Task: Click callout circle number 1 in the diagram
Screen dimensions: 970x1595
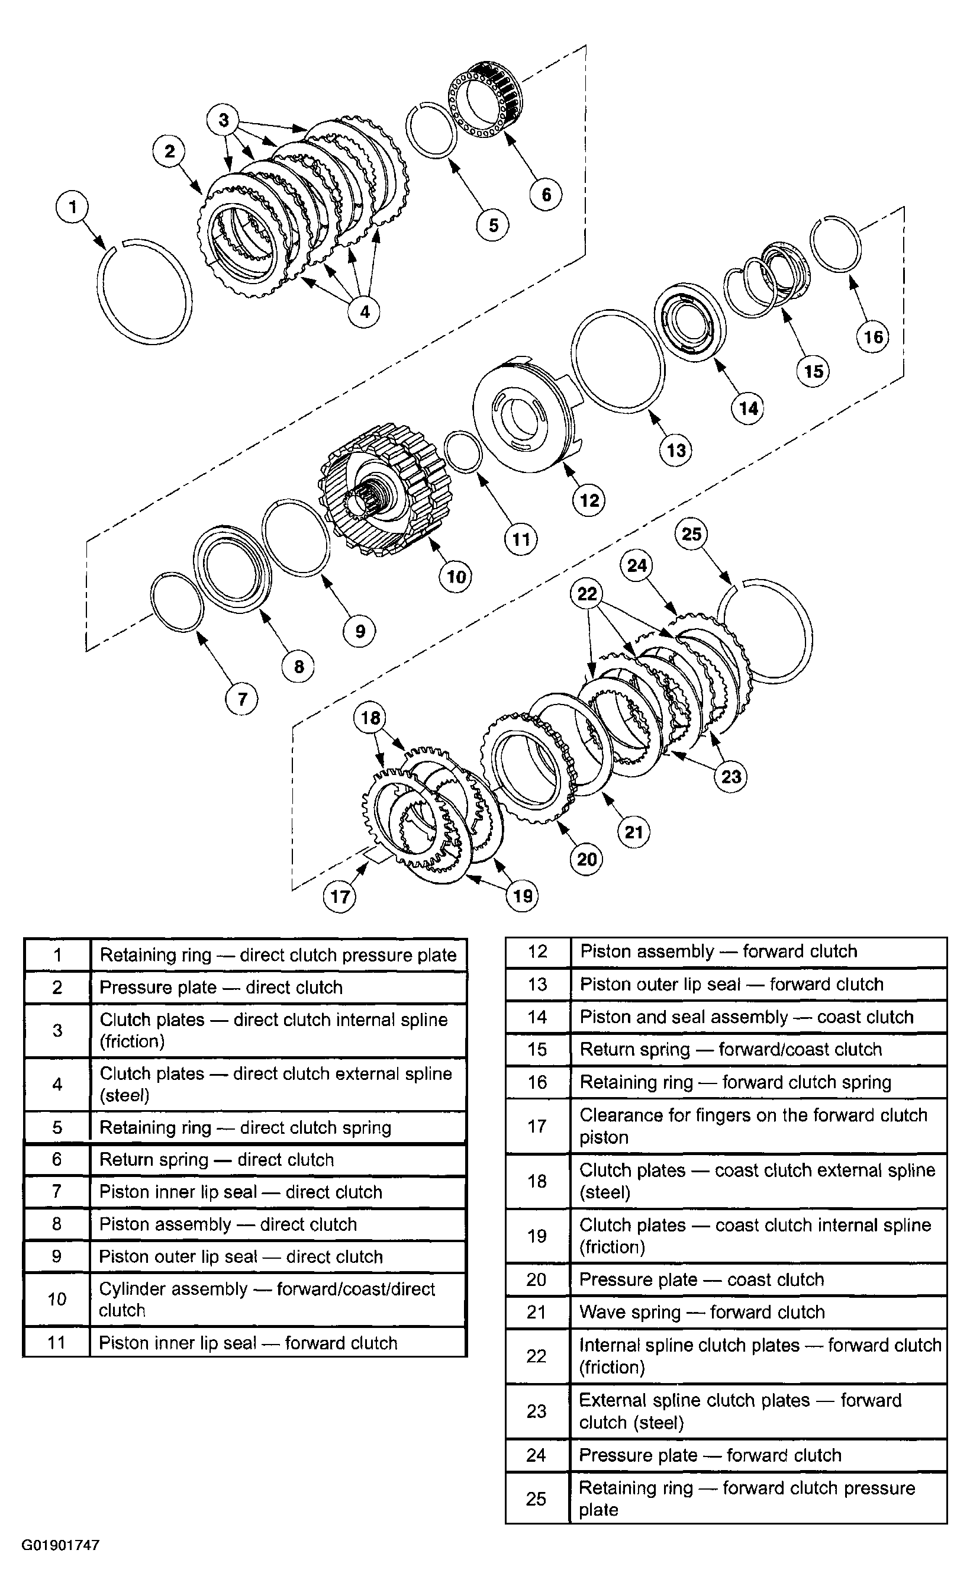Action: coord(72,207)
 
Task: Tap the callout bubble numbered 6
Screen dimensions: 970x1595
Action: coord(546,194)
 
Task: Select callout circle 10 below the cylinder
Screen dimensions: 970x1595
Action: coord(456,576)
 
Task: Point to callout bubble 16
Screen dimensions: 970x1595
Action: coord(873,337)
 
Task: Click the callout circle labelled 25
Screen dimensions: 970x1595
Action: coord(692,534)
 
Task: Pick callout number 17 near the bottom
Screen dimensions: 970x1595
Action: coord(340,896)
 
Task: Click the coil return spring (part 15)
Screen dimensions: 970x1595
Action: coord(768,278)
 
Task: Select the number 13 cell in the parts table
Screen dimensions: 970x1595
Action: coord(537,984)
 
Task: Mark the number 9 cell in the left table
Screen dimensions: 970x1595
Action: coord(56,1256)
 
